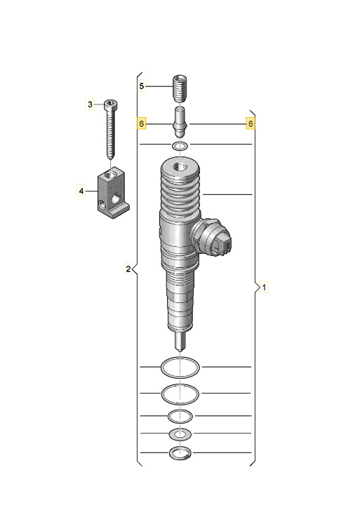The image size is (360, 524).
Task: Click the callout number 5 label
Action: point(142,86)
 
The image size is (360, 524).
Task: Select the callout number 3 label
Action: point(90,105)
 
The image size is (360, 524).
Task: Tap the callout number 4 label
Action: point(81,192)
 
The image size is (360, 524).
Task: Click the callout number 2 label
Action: point(128,269)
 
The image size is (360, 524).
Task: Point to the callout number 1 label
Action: point(264,287)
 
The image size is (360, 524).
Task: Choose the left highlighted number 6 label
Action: point(142,123)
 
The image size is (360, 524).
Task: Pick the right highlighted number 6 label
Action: point(251,123)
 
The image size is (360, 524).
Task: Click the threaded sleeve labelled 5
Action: point(180,88)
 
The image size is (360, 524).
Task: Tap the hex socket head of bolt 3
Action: point(111,105)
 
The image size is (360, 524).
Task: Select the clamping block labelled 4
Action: point(113,193)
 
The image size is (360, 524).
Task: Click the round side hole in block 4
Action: point(116,199)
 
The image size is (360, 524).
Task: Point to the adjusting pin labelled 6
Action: point(180,122)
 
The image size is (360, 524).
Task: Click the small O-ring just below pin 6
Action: point(180,146)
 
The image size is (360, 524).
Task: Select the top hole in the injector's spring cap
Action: point(181,167)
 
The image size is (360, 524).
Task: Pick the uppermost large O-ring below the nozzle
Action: point(180,368)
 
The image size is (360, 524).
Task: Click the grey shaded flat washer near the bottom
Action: point(180,434)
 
